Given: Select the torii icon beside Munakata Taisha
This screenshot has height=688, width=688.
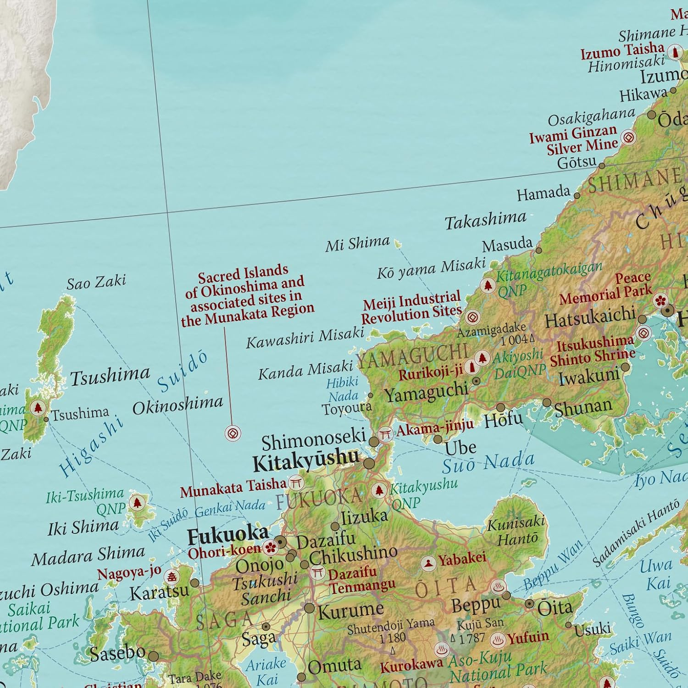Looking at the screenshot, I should point(296,483).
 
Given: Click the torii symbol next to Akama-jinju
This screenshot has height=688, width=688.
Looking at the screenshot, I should point(385,433).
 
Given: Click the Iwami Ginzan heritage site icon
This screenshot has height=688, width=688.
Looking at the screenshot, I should point(628,137).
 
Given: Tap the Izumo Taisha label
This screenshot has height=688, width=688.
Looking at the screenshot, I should point(622,51).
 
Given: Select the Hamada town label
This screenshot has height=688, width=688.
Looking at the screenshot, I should point(544,193).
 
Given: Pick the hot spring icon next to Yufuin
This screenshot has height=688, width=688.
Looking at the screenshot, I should point(498,639).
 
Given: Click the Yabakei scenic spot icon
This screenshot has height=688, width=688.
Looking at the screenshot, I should point(428,564).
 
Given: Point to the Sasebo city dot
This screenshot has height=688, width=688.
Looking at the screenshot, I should point(153,656).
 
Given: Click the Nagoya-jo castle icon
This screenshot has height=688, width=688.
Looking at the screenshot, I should point(172,576).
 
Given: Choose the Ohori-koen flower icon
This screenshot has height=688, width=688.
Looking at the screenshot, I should point(271,547).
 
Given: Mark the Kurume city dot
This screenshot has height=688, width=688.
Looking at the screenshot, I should point(310,608).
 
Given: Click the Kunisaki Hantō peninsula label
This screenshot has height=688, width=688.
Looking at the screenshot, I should point(516,531).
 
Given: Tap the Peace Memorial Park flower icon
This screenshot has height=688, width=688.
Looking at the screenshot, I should point(660,301).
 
